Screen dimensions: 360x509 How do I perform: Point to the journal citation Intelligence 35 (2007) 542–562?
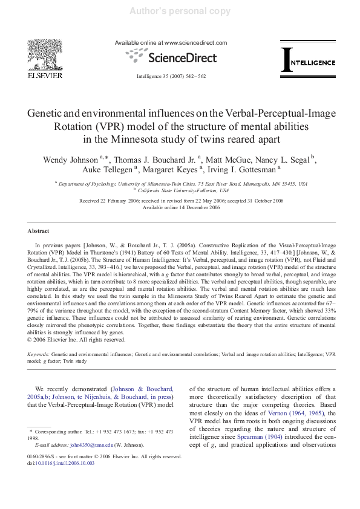point(171,76)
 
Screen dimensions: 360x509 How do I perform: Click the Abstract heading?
point(38,231)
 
